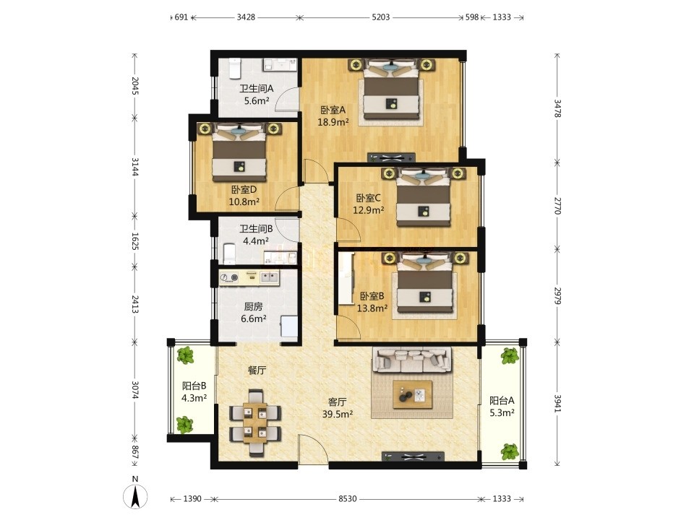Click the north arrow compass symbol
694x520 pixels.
(135, 495)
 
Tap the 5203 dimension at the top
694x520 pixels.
(381, 17)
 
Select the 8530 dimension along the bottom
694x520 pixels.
(348, 499)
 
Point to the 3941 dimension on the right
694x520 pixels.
(557, 403)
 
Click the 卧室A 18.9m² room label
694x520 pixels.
(333, 116)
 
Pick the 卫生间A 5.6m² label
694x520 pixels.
(257, 95)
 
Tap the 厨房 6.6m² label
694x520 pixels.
(254, 312)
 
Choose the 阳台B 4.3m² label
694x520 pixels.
(194, 391)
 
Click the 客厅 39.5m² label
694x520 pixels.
(338, 407)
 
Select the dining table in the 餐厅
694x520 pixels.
(255, 422)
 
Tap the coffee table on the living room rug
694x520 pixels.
(413, 394)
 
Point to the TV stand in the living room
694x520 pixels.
(413, 456)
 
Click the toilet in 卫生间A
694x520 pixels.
(234, 69)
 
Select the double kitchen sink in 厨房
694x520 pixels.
(269, 277)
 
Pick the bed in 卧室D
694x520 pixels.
(239, 152)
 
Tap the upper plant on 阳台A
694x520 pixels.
(510, 355)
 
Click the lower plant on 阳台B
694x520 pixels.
(184, 425)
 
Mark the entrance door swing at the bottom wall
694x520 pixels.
(313, 448)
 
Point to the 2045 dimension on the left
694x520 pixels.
(135, 86)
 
